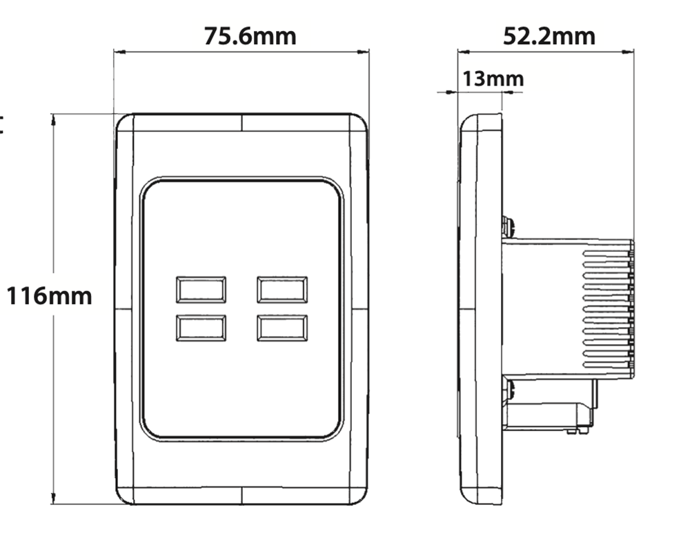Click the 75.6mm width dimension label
250,35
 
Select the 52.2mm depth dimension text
549,35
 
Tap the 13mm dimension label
493,79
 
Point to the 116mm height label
49,297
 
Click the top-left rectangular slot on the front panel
201,290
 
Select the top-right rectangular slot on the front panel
282,290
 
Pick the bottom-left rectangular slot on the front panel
201,328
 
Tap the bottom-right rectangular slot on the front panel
282,328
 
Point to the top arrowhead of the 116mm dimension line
52,119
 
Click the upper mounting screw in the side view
509,226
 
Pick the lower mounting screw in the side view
509,390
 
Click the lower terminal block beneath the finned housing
549,414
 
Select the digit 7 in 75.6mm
210,35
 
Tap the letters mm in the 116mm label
72,297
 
